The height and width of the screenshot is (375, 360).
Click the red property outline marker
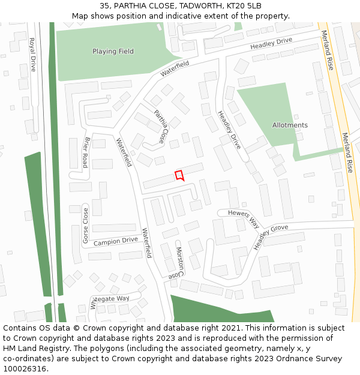click(179, 175)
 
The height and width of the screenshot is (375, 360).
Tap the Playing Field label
click(113, 52)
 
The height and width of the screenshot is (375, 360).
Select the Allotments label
click(290, 125)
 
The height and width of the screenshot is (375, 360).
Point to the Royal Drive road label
click(32, 55)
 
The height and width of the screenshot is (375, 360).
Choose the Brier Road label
click(86, 152)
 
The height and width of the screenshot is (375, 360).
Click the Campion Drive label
click(115, 242)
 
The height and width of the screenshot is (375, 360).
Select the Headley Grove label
click(270, 236)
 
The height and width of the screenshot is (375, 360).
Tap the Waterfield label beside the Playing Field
click(175, 68)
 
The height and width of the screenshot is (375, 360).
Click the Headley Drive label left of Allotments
click(229, 130)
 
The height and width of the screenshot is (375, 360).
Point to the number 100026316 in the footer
click(25, 369)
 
